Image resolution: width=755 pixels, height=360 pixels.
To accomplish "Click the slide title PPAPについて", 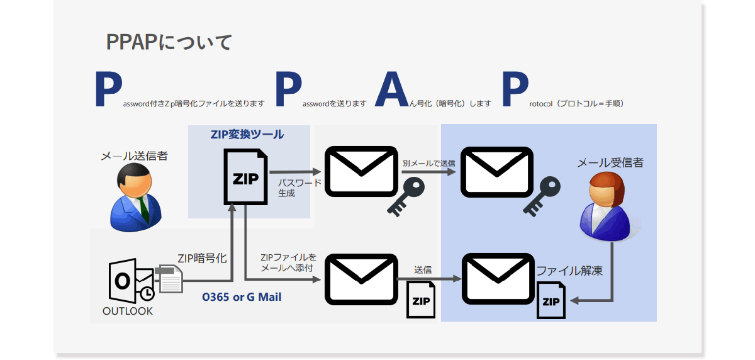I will click(169, 42).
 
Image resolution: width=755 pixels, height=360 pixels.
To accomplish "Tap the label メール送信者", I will click(135, 156).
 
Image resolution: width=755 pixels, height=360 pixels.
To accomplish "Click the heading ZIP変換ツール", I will click(247, 135).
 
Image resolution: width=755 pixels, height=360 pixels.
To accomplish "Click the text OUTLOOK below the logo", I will click(128, 311).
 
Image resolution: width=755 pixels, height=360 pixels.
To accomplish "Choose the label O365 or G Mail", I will click(242, 296).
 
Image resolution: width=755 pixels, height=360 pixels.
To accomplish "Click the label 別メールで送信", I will click(428, 163).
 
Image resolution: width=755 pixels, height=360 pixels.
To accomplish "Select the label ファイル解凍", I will click(570, 271).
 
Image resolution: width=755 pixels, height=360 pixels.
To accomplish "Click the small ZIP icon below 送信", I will click(421, 300).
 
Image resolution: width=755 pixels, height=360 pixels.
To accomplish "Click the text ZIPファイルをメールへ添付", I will click(288, 263).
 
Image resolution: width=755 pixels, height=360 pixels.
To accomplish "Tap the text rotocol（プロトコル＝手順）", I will click(573, 103).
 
